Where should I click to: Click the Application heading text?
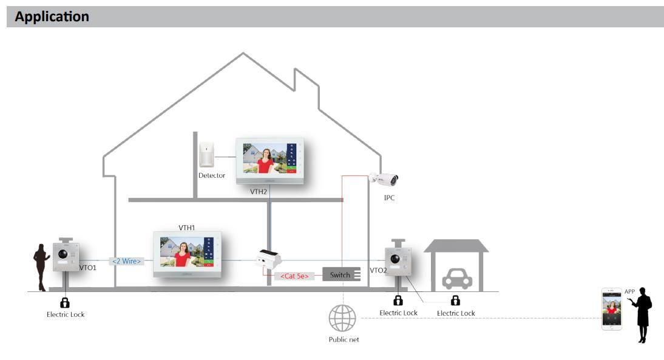(52, 16)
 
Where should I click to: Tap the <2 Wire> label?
(126, 261)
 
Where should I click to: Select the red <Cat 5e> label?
(294, 276)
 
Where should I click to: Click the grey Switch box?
(342, 274)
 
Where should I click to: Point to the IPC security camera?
(384, 179)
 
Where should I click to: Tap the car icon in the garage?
(456, 278)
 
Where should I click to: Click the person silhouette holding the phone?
(642, 314)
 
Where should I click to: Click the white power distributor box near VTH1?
(268, 260)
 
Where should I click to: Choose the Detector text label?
(211, 175)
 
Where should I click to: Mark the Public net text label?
(344, 339)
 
